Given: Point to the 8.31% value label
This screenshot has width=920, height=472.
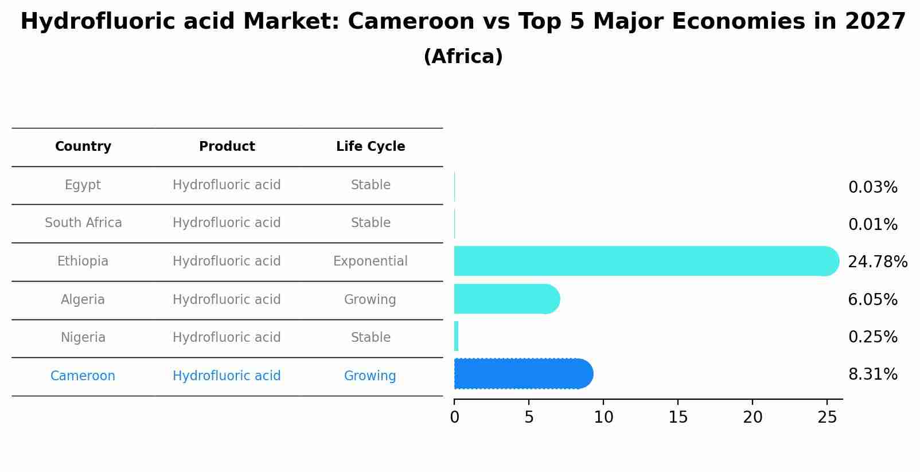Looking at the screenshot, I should [x=872, y=375].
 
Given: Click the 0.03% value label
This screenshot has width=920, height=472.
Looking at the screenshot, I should [x=872, y=188].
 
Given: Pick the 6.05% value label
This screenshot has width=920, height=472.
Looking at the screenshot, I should [x=872, y=299].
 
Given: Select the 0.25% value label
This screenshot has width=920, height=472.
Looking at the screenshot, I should [x=872, y=337].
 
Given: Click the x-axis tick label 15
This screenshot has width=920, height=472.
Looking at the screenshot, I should [x=678, y=418].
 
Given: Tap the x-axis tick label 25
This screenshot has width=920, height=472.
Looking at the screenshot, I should [x=827, y=418].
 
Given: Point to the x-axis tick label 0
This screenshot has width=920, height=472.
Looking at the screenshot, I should [x=454, y=418].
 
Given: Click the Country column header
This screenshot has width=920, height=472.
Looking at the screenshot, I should [x=83, y=147].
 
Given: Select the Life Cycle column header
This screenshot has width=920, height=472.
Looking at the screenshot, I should [x=371, y=147].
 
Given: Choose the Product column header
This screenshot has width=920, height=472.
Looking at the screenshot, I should [x=227, y=147].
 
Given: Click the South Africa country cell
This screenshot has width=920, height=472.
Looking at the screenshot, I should [x=83, y=223].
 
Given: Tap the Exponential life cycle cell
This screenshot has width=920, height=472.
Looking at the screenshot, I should [x=371, y=262].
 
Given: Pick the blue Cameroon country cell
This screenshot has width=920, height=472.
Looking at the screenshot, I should [x=83, y=376].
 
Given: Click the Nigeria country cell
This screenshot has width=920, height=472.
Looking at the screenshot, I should [x=83, y=338].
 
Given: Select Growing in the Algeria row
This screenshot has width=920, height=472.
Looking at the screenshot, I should [x=370, y=300].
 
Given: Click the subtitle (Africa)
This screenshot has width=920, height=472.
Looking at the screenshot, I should [x=463, y=57].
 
